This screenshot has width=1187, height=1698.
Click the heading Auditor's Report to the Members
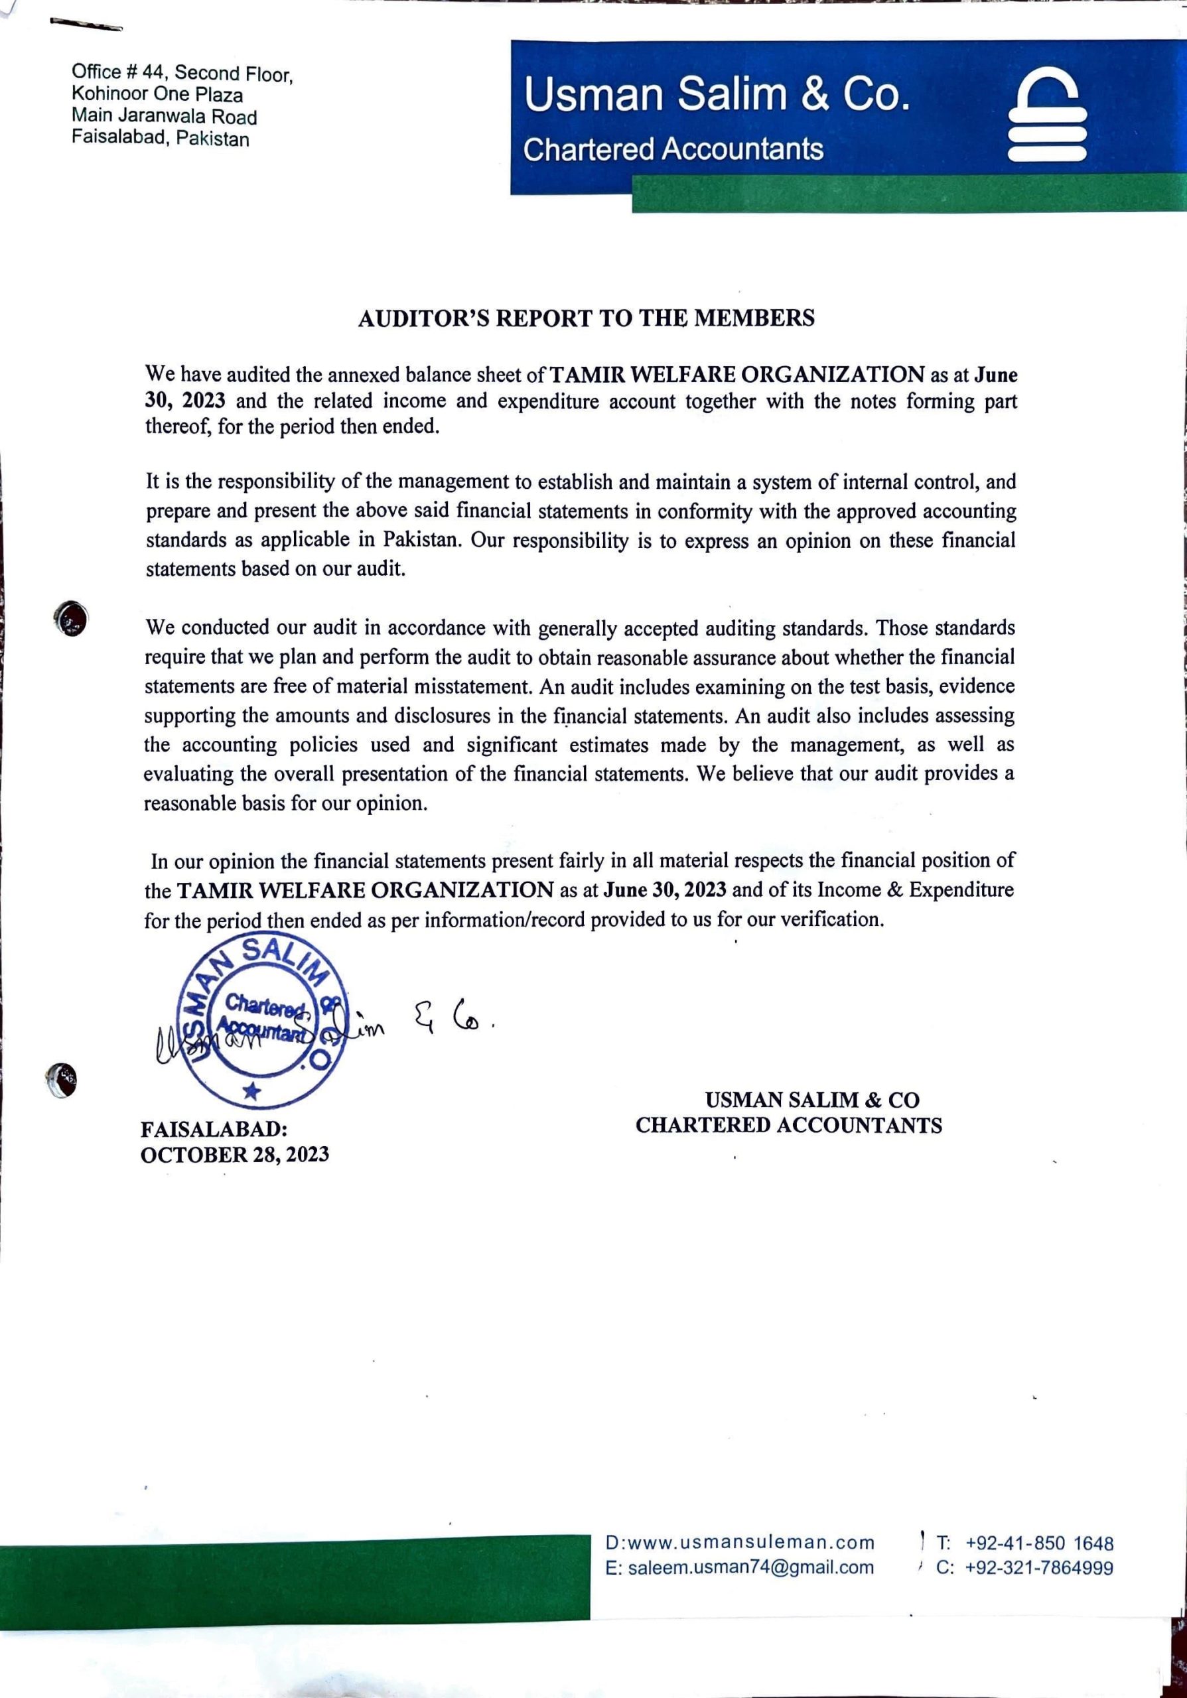click(x=586, y=318)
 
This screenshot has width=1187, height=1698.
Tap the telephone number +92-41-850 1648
click(x=1038, y=1543)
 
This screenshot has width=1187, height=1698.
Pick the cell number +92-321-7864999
click(x=1038, y=1567)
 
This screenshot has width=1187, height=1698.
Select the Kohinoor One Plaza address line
click(x=157, y=95)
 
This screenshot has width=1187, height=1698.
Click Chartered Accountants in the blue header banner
click(x=673, y=149)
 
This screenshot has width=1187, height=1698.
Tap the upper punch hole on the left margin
click(x=71, y=618)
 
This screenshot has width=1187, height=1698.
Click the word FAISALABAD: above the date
click(x=214, y=1130)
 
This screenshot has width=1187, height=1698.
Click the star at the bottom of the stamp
click(x=252, y=1090)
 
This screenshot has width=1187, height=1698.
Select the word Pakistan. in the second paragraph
click(x=423, y=539)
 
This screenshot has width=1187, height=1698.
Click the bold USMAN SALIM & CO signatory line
click(x=811, y=1100)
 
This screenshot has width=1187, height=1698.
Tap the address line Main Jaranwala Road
click(x=164, y=117)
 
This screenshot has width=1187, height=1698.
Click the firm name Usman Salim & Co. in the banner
click(x=717, y=96)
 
